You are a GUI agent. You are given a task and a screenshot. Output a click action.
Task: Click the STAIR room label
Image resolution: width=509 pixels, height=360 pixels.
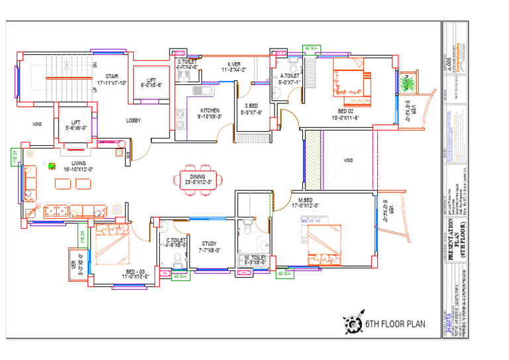111,76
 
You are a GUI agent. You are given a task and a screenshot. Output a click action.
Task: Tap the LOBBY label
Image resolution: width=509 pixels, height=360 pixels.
134,121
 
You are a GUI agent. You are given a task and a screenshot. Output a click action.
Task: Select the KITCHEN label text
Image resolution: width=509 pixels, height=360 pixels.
209,111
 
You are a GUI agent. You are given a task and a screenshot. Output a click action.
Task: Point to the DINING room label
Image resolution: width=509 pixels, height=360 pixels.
197,176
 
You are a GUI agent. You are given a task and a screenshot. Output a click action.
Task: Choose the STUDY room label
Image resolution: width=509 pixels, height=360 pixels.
209,244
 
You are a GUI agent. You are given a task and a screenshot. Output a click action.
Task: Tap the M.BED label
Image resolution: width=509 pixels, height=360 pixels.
305,200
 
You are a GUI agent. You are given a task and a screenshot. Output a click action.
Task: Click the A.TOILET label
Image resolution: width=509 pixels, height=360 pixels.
290,76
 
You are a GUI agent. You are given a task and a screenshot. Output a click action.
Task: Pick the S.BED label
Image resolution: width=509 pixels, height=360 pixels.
251,106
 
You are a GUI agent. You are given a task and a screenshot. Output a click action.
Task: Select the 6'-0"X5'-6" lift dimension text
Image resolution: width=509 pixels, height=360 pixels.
151,85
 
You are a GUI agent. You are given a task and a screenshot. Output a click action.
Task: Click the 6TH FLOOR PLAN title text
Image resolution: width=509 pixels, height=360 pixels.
395,324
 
